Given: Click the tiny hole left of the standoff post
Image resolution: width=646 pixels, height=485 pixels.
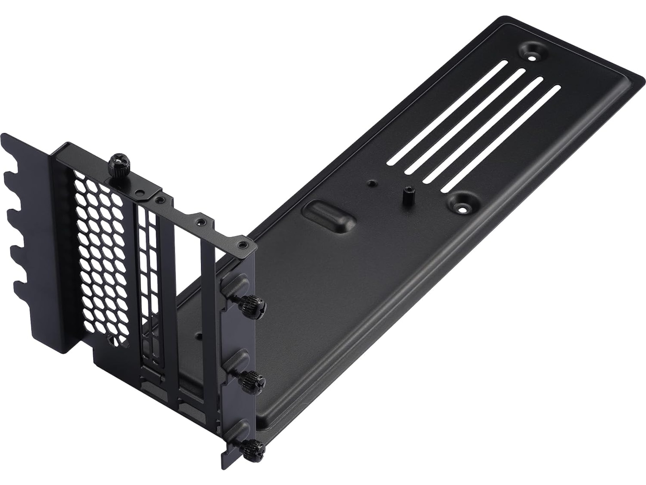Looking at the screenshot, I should pyautogui.click(x=371, y=183).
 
